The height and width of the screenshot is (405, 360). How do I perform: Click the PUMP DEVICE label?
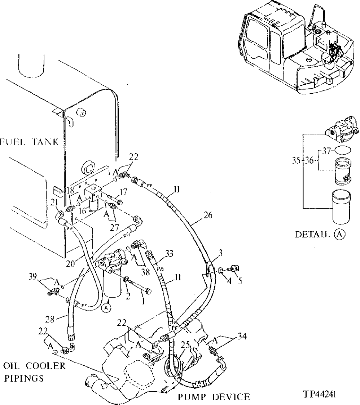click(x=214, y=397)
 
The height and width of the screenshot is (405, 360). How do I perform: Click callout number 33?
click(x=169, y=253)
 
